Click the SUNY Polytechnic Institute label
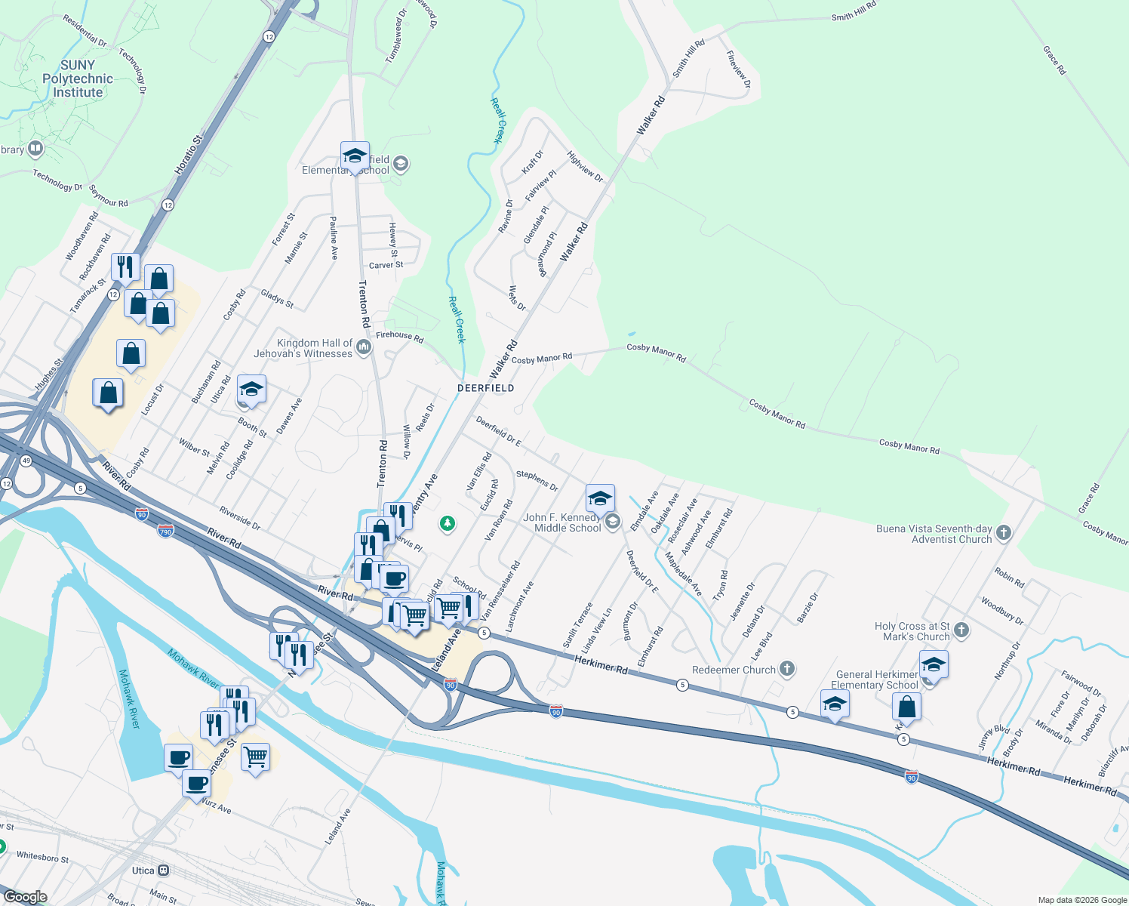(78, 79)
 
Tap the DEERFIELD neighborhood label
(486, 388)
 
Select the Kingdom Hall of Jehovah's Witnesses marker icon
(364, 347)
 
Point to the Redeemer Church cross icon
(787, 669)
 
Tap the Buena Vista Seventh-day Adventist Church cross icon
(1004, 533)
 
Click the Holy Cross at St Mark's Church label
(912, 631)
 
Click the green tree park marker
(448, 522)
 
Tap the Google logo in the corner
(25, 896)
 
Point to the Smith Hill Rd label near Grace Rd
(854, 11)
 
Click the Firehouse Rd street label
(399, 337)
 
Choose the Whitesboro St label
(42, 858)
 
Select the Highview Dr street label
(585, 167)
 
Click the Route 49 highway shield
(26, 461)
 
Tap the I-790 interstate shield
(165, 532)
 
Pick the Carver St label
(386, 265)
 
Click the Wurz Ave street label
(216, 806)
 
